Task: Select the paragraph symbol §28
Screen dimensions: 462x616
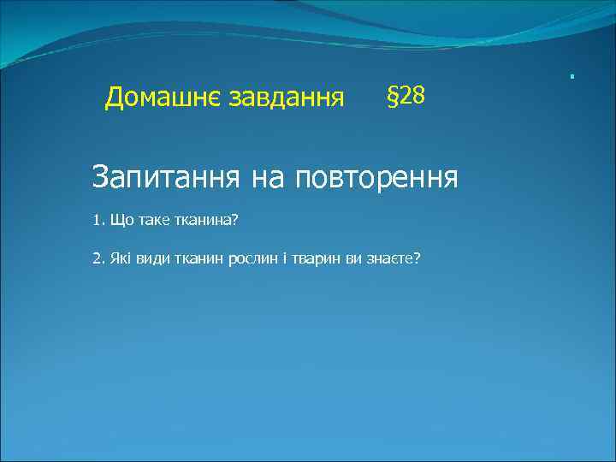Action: click(x=406, y=97)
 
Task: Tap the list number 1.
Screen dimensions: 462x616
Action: click(x=97, y=222)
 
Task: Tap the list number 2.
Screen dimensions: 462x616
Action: click(x=97, y=258)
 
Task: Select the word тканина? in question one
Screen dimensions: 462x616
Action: click(x=210, y=222)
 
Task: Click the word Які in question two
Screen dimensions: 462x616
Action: click(x=119, y=258)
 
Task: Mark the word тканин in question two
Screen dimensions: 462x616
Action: click(x=198, y=258)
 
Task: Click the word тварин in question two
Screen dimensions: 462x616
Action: click(x=316, y=258)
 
